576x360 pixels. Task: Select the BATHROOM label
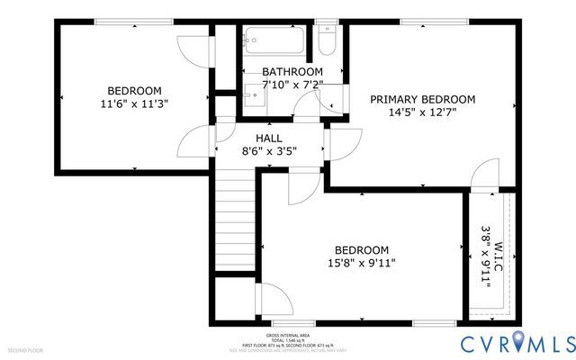292,72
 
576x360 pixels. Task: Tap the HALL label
268,138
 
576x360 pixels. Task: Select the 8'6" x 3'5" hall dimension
269,152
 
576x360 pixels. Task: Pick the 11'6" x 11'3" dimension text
135,103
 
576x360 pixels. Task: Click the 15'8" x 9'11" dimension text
361,264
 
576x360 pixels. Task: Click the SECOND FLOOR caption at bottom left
25,349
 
